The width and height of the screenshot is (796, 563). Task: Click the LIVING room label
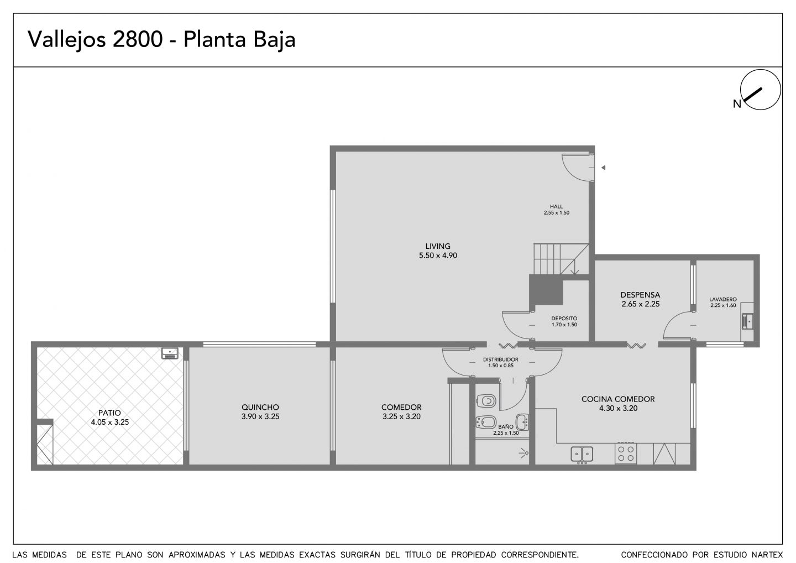[x=438, y=246]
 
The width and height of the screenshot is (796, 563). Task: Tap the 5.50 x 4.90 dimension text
[x=438, y=255]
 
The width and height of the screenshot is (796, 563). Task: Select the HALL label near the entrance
[x=557, y=206]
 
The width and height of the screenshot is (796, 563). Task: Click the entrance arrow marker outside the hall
[x=603, y=168]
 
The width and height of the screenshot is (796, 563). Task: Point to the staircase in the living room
[x=561, y=259]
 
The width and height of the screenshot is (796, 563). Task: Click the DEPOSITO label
[x=564, y=319]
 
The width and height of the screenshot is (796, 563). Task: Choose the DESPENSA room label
[x=640, y=295]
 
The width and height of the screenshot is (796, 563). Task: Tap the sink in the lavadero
[x=748, y=321]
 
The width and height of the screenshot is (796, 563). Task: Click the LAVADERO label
[x=723, y=299]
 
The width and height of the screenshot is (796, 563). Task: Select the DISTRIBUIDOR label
[x=501, y=359]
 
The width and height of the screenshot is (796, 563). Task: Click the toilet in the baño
[x=486, y=402]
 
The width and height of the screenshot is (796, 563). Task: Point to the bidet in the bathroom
[x=486, y=423]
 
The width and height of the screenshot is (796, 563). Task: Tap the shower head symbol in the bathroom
[x=524, y=453]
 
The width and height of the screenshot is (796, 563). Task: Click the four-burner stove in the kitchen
[x=626, y=453]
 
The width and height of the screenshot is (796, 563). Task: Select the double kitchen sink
[x=582, y=455]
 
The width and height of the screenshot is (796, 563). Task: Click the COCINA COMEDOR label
[x=618, y=399]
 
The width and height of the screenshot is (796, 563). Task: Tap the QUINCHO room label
[x=260, y=407]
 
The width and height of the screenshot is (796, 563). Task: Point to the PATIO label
[x=109, y=413]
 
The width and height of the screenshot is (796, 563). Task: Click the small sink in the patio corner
[x=170, y=353]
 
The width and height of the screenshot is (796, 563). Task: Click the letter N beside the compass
[x=737, y=104]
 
